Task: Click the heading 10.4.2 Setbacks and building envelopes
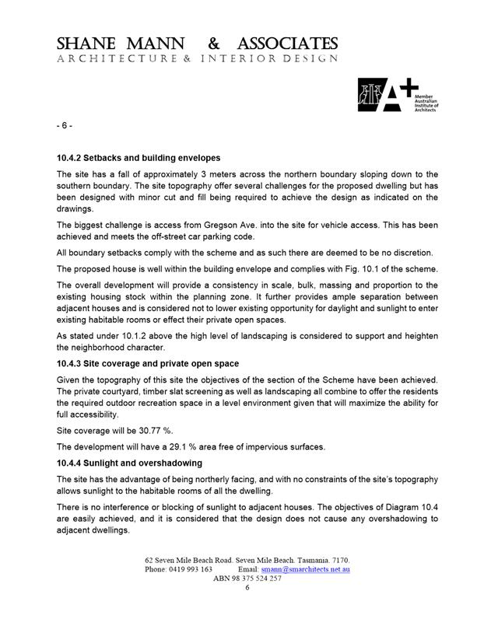(139, 158)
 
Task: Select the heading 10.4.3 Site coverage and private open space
(148, 363)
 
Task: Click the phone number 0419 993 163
(190, 570)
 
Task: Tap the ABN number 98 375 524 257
(258, 579)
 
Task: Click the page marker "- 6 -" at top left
(65, 126)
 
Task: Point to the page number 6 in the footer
(247, 589)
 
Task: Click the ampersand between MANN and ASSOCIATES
(213, 43)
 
